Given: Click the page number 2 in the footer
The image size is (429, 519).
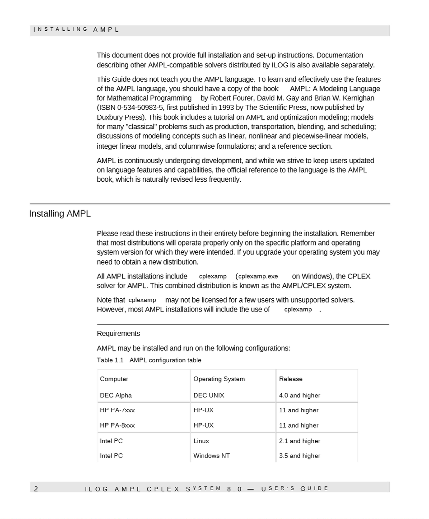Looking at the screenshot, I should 36,489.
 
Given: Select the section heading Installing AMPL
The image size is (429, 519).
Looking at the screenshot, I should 60,214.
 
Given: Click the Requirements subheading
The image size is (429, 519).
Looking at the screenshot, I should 118,334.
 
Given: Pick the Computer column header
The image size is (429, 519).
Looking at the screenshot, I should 114,379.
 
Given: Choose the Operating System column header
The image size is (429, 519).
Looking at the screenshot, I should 219,379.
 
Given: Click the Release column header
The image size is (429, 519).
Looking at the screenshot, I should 291,379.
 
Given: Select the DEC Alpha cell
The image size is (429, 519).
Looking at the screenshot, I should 116,396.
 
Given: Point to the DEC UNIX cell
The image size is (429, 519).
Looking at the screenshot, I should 209,396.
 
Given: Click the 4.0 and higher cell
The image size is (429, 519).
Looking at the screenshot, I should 299,396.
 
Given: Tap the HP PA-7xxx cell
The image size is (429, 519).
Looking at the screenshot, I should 117,410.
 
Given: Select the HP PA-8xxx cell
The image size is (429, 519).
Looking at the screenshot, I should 117,425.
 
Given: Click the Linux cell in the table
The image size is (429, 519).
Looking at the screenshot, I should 201,441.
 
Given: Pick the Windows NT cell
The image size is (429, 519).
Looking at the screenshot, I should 211,456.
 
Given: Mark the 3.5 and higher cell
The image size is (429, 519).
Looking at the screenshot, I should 299,456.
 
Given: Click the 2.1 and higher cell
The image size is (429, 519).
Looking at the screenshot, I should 299,441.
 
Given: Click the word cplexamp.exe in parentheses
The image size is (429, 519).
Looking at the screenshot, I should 258,276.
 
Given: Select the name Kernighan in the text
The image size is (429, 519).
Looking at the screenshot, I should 359,98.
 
